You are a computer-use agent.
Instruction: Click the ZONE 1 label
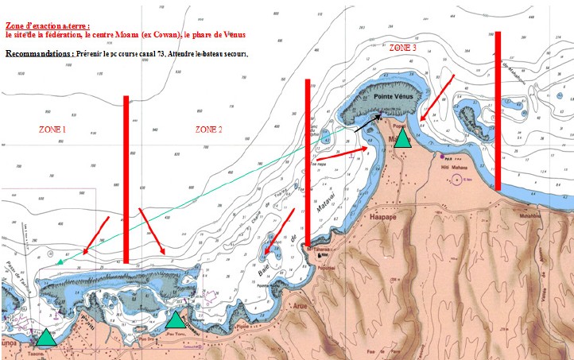tap(53, 129)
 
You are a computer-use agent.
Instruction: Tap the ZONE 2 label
tap(208, 129)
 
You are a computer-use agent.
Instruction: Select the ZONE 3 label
tap(403, 48)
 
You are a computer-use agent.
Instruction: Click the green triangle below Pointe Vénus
tap(403, 138)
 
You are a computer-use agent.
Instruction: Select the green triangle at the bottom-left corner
tap(47, 337)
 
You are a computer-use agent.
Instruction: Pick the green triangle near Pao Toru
tap(176, 319)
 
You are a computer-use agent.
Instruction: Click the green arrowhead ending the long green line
tap(58, 261)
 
